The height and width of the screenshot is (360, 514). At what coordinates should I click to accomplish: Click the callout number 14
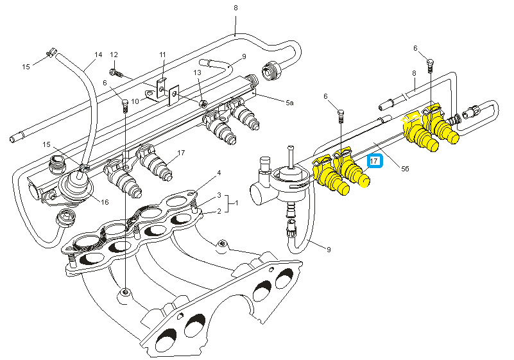pyautogui.click(x=98, y=55)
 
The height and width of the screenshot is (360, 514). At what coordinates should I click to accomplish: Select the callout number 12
pyautogui.click(x=114, y=55)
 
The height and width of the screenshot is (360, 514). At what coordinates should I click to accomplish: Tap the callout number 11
pyautogui.click(x=163, y=55)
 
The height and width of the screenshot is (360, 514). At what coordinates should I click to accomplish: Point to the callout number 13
pyautogui.click(x=198, y=73)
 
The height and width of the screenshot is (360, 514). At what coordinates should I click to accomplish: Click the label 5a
pyautogui.click(x=289, y=103)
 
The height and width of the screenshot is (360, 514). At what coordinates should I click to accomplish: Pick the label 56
pyautogui.click(x=405, y=169)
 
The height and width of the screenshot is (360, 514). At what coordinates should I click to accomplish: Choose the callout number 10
pyautogui.click(x=135, y=101)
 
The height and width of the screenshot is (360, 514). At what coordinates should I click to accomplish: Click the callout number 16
pyautogui.click(x=105, y=202)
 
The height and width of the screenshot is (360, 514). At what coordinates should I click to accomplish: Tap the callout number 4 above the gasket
pyautogui.click(x=219, y=173)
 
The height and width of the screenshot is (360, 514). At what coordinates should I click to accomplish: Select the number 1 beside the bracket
pyautogui.click(x=237, y=203)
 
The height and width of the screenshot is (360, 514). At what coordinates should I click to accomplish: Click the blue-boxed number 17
pyautogui.click(x=374, y=161)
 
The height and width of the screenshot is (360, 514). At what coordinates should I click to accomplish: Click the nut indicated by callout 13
pyautogui.click(x=203, y=104)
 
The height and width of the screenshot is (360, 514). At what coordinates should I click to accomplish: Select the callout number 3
pyautogui.click(x=219, y=196)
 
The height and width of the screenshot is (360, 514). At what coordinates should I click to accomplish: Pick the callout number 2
pyautogui.click(x=219, y=211)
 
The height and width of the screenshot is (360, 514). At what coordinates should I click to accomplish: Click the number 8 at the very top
pyautogui.click(x=236, y=8)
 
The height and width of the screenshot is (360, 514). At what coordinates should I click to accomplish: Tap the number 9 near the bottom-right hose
pyautogui.click(x=329, y=250)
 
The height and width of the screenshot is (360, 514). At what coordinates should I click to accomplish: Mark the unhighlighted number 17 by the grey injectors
pyautogui.click(x=181, y=153)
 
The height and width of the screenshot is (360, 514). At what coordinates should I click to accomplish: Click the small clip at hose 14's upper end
pyautogui.click(x=52, y=53)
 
